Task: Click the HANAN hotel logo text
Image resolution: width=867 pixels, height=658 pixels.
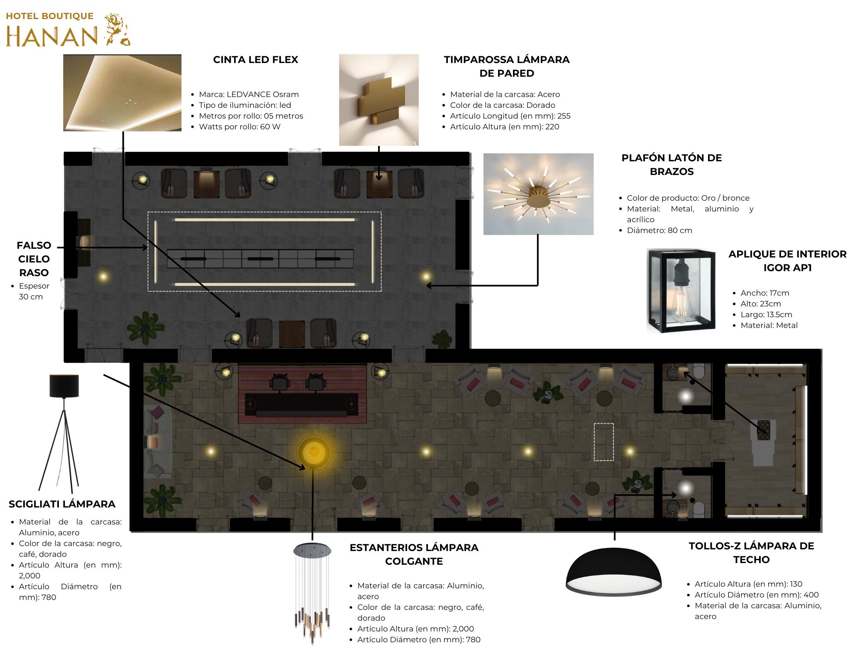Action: point(52,36)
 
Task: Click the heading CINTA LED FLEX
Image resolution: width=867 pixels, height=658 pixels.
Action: point(255,60)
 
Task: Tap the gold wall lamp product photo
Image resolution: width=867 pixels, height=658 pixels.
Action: point(379,100)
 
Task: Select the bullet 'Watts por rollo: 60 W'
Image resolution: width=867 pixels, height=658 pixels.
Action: point(239,127)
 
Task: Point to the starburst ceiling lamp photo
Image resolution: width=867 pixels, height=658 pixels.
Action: point(538,194)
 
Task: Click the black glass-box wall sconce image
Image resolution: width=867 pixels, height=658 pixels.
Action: point(681,291)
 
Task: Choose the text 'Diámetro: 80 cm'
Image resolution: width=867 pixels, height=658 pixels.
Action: point(659,231)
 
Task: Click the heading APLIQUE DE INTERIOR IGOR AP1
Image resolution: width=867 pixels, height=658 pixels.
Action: point(787,261)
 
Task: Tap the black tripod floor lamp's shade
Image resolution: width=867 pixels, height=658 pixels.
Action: point(64,386)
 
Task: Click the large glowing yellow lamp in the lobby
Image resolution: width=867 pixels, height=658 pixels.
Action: point(314,452)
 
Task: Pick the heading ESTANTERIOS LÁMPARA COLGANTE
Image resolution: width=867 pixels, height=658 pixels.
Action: point(414,554)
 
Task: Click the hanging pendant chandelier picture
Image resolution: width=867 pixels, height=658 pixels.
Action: point(313,593)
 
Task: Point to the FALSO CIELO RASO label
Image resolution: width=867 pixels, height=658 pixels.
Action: point(34,259)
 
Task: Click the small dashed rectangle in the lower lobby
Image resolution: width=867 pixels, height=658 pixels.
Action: point(603,442)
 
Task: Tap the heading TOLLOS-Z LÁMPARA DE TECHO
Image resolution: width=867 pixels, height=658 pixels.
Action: point(751,553)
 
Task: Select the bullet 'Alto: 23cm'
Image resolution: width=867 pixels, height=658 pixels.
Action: point(760,304)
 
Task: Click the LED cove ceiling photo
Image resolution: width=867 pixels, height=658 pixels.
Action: point(122,93)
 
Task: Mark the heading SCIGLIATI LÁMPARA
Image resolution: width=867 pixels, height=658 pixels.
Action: point(62,504)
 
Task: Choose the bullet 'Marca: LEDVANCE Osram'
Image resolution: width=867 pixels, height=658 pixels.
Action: point(249,95)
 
